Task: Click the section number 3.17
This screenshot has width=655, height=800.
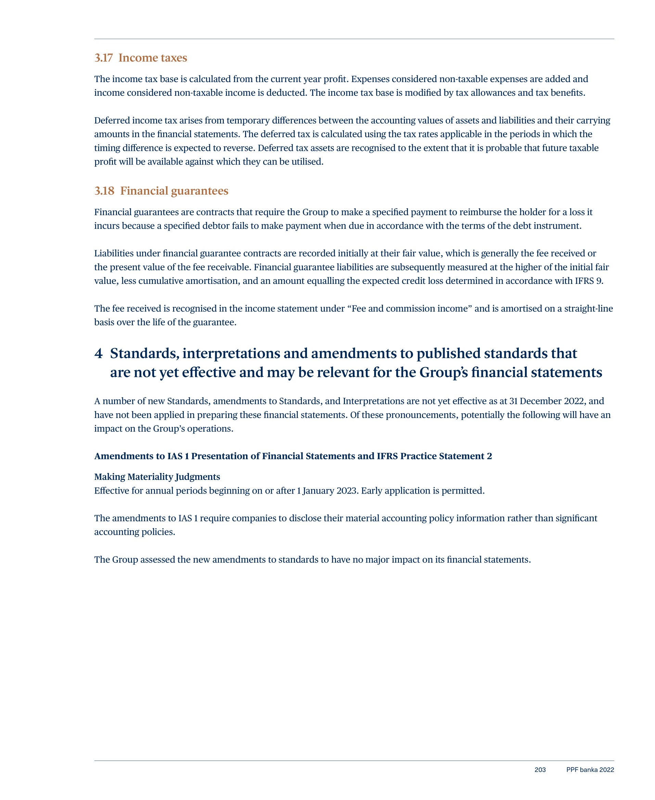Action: (103, 58)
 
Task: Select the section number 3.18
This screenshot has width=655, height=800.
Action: (104, 191)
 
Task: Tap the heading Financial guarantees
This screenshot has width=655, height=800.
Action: (174, 191)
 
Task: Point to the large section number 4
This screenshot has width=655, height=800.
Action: (99, 353)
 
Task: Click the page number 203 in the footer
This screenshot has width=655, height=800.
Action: (540, 770)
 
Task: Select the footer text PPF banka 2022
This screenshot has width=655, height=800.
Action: (590, 770)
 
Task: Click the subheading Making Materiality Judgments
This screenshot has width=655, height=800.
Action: (157, 477)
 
